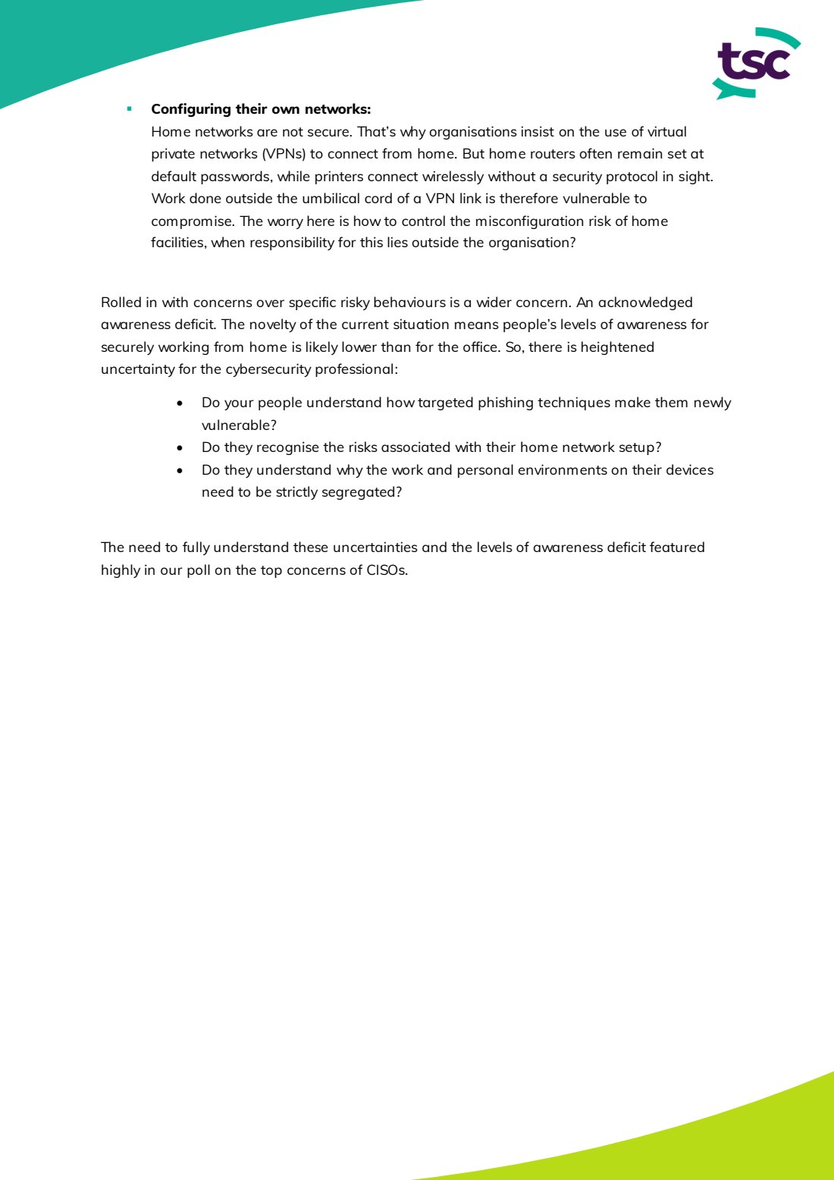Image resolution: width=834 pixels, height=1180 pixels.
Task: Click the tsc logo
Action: tap(756, 64)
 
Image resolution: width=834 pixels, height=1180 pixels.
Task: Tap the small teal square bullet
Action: tap(130, 109)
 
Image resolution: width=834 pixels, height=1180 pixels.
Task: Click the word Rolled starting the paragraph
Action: tap(121, 303)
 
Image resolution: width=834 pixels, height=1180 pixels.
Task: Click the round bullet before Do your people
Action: tap(180, 403)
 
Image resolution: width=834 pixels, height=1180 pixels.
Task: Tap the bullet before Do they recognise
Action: tap(180, 448)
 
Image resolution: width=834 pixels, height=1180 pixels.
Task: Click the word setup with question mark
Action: tap(640, 447)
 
